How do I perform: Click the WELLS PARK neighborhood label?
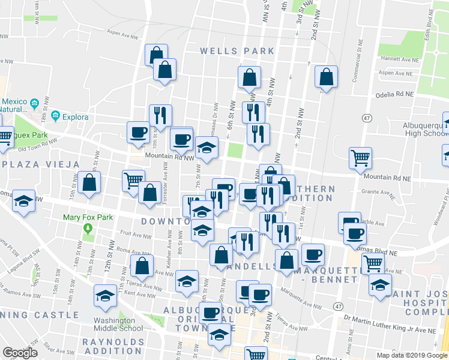[237, 52]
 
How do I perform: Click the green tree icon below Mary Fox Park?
[88, 229]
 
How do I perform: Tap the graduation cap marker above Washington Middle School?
[105, 296]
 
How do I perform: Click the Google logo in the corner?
[20, 353]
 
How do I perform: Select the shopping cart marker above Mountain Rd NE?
[361, 158]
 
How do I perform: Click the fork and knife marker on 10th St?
[160, 115]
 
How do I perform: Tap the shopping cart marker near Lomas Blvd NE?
[373, 262]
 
